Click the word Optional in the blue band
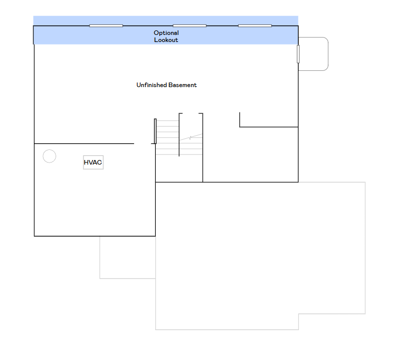(x=166, y=33)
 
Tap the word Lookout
(x=166, y=40)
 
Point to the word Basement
(x=183, y=85)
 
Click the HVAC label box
(x=93, y=163)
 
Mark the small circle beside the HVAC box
(x=50, y=156)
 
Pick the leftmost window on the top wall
(x=106, y=26)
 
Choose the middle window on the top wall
(x=190, y=26)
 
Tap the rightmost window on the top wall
(x=255, y=26)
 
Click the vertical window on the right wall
(x=298, y=54)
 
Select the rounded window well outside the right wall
(x=317, y=54)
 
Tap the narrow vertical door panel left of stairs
(x=155, y=131)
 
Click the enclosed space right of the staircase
(x=250, y=154)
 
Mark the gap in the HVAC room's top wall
(x=143, y=144)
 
